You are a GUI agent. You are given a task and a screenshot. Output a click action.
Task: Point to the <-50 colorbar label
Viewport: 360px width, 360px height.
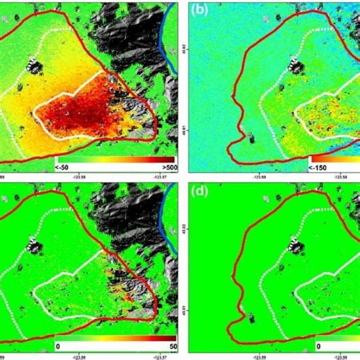[62, 165]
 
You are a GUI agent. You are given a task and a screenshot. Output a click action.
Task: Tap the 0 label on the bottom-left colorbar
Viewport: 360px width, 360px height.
[58, 346]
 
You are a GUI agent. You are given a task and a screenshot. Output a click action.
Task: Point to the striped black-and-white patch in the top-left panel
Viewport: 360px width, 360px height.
[34, 65]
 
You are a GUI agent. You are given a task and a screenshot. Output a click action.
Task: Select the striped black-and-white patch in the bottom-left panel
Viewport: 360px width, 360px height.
[34, 245]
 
